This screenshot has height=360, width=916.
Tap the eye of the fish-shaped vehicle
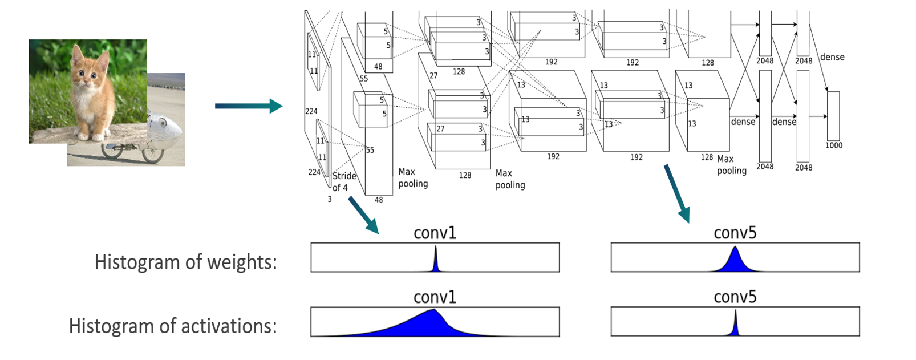pos(163,122)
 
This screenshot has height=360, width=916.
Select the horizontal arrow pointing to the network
pos(248,106)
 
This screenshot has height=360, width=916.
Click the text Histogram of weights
pos(185,262)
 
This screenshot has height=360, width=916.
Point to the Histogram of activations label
pos(172,326)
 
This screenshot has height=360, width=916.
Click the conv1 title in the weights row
pos(435,233)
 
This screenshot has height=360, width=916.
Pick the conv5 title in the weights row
pos(735,233)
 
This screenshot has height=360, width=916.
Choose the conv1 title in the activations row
pos(435,297)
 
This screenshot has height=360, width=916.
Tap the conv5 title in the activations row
pos(735,297)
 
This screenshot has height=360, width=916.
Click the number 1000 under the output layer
pos(833,145)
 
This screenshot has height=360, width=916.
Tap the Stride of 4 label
pos(344,181)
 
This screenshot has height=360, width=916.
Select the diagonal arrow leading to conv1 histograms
pos(363,215)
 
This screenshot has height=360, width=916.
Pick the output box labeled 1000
pos(833,116)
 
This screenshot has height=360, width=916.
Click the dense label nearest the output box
pos(832,57)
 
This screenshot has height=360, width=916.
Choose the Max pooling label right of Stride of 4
pos(413,177)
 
